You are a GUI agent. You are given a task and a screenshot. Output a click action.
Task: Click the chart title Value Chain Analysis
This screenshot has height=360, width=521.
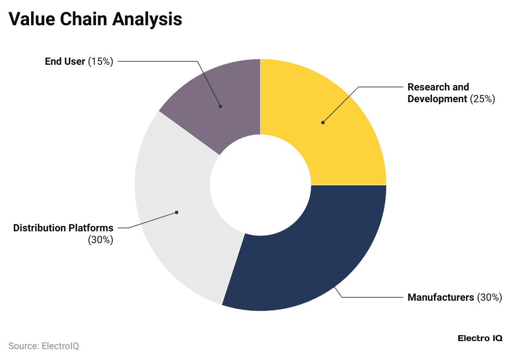95,19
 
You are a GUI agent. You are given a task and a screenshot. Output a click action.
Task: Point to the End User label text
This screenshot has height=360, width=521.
65,61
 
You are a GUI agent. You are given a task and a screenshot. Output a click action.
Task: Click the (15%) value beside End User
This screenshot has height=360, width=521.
100,61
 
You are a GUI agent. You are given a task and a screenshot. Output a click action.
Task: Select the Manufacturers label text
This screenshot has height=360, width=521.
441,297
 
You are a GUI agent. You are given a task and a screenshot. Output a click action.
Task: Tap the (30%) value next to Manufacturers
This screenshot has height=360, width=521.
489,297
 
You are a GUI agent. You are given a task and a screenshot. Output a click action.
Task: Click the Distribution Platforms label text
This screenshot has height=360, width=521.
63,228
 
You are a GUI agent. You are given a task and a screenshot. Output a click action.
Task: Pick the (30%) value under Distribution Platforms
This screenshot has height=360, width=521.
100,240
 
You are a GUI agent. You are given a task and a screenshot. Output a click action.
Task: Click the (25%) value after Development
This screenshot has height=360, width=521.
482,99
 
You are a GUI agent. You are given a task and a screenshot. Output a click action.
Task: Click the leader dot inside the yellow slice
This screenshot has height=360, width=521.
323,123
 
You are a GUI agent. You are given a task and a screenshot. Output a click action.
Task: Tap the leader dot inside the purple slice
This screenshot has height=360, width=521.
220,106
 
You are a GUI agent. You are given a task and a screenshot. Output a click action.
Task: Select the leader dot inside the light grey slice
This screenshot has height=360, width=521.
176,212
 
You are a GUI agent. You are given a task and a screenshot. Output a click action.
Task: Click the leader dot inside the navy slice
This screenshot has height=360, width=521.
312,256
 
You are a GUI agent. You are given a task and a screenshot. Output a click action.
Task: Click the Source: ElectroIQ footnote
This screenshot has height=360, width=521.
44,346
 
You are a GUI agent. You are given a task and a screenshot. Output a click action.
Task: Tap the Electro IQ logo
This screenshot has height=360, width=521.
479,338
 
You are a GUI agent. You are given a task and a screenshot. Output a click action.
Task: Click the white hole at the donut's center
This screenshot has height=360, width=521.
260,185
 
